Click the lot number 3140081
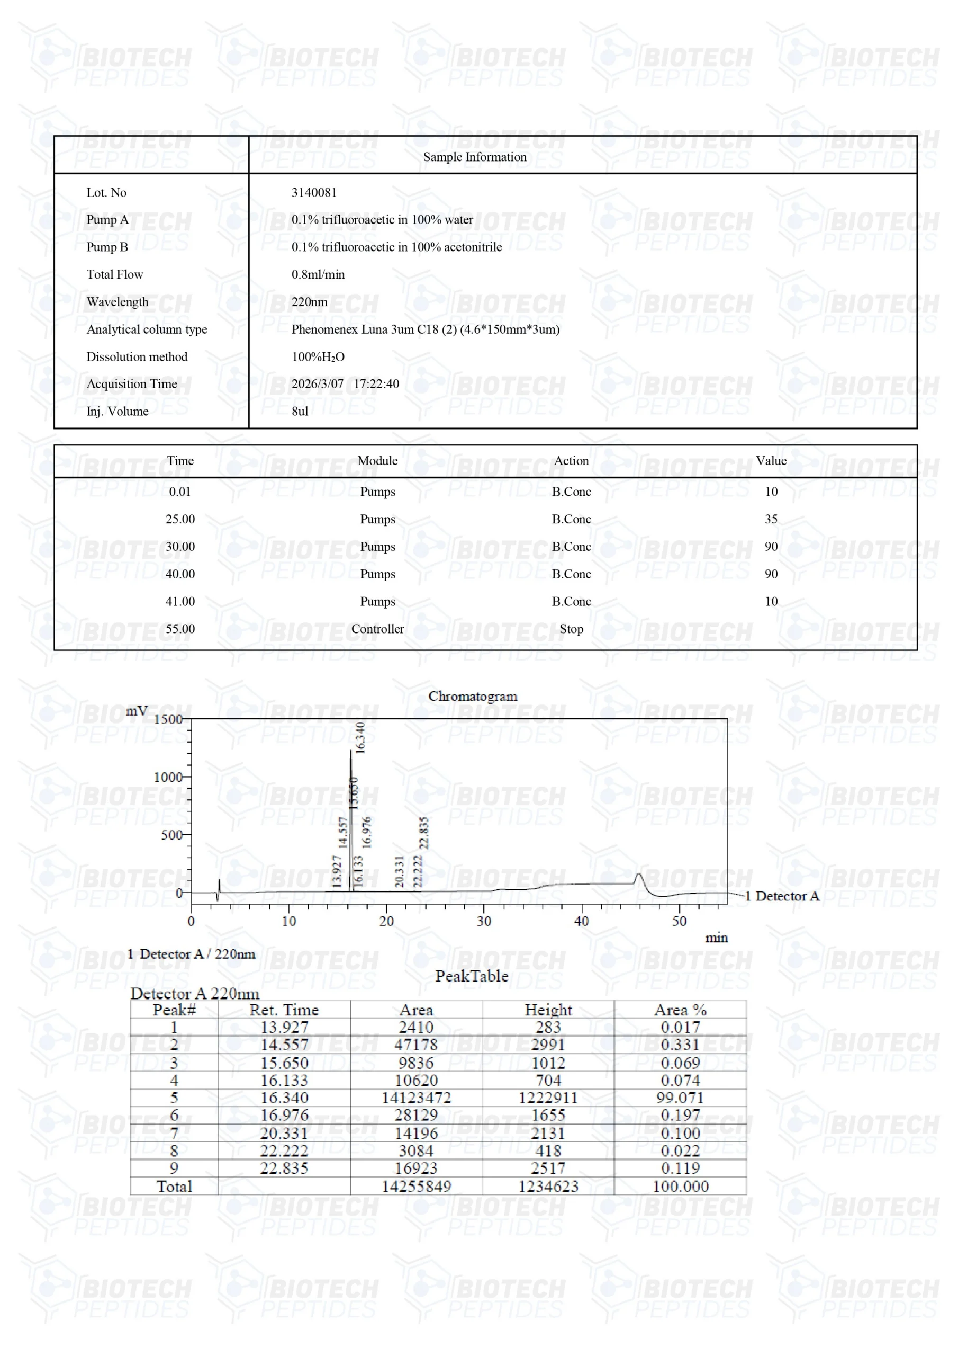[314, 192]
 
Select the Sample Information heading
[475, 157]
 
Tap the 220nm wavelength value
[309, 302]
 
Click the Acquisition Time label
[132, 384]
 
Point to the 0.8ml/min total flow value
[318, 274]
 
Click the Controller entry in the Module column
[377, 629]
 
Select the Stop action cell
[571, 629]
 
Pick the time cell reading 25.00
[180, 519]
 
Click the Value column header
[771, 461]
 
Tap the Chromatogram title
[473, 697]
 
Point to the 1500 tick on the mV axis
[168, 719]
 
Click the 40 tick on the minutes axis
[581, 921]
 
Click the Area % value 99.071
[680, 1098]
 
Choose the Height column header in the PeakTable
[548, 1010]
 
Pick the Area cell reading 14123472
[416, 1098]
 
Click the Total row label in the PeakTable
[174, 1186]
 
